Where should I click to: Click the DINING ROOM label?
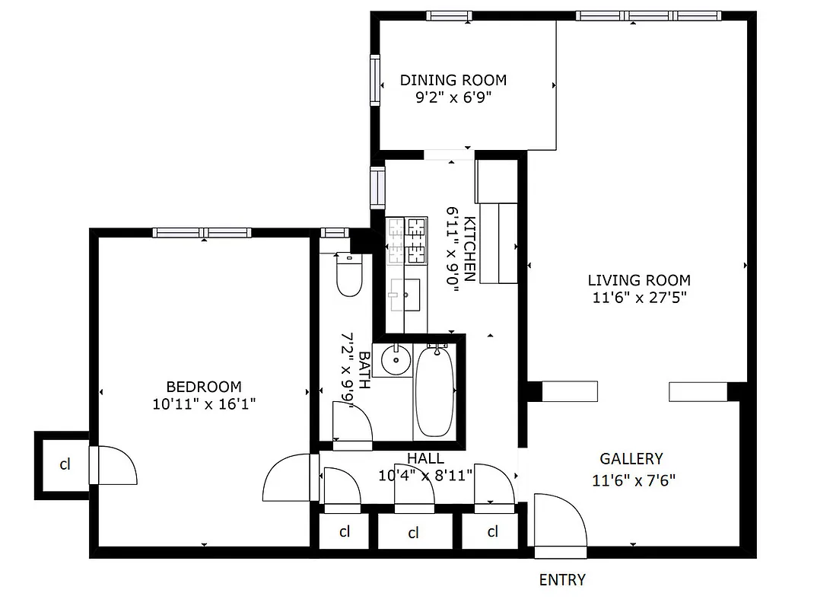(x=453, y=80)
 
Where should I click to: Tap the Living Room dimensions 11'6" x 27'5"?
(x=640, y=298)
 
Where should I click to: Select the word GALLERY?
(x=631, y=459)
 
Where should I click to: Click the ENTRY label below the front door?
(x=562, y=580)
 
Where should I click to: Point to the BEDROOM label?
(x=203, y=387)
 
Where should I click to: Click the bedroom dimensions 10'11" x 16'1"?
(x=203, y=404)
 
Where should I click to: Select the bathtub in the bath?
(x=434, y=391)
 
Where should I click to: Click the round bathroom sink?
(x=395, y=359)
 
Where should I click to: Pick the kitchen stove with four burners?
(x=407, y=241)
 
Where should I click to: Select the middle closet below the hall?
(x=413, y=532)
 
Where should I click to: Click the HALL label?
(x=425, y=458)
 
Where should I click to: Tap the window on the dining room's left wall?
(x=375, y=80)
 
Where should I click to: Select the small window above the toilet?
(x=334, y=233)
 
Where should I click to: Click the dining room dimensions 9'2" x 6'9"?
(x=453, y=97)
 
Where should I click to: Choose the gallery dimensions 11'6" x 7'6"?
(x=634, y=480)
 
